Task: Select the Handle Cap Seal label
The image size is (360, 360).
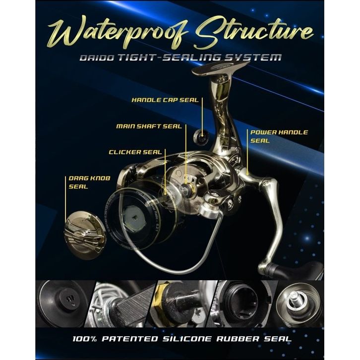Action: [165, 100]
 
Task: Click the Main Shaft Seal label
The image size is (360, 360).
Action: [149, 126]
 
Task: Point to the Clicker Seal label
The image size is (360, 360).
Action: [135, 152]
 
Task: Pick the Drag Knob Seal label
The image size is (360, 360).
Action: [79, 182]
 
